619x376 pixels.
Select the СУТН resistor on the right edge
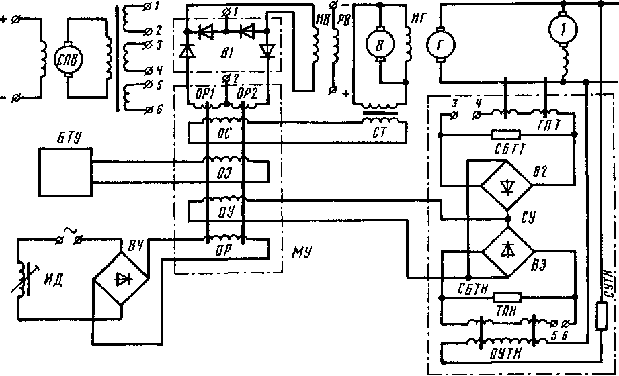click(602, 316)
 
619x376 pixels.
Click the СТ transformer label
click(380, 132)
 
